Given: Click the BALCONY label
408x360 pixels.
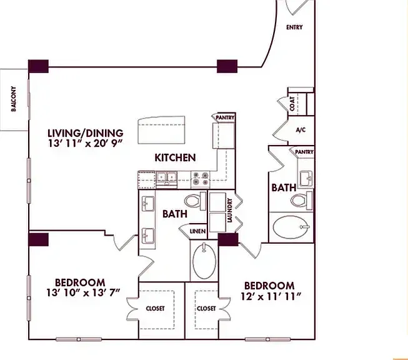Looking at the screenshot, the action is [x=14, y=99].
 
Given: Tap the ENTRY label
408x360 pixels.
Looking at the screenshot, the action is [x=294, y=27].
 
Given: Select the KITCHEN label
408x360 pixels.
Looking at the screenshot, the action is [x=175, y=157].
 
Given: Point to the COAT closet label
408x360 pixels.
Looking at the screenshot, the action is [x=292, y=104].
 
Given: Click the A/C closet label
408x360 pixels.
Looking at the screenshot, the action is [x=301, y=130].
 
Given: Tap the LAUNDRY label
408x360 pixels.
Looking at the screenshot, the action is [x=229, y=211].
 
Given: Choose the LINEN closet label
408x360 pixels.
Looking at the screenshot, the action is [x=198, y=231].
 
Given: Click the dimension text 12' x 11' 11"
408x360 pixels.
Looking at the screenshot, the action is [x=271, y=296].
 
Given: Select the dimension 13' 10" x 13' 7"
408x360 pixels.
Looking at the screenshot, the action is [x=83, y=292].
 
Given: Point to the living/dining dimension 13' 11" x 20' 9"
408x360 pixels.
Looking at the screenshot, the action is [x=86, y=143].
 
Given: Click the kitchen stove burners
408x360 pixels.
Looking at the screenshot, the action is [x=201, y=179].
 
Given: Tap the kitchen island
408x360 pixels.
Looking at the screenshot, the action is [x=161, y=130].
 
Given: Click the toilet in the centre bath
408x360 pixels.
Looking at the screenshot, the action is [x=195, y=201].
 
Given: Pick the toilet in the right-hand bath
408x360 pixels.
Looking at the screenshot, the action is [x=302, y=201].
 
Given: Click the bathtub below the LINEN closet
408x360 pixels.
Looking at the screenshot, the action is [x=204, y=261].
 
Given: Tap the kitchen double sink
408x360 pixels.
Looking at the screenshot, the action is [x=167, y=178].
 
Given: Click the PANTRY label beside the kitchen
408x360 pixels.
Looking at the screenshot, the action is [x=225, y=117].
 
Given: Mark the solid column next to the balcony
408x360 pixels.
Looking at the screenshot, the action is [x=38, y=66].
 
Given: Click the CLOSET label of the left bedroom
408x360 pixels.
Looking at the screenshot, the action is [x=156, y=309].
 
